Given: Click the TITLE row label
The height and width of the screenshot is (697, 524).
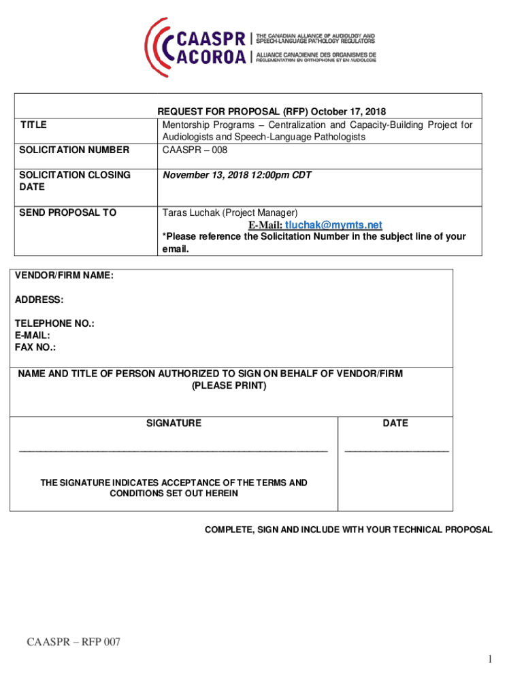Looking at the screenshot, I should pos(33,125).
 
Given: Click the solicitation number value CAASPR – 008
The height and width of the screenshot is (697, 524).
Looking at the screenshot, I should pos(194,150).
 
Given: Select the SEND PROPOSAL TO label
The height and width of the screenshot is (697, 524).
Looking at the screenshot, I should pos(68,212).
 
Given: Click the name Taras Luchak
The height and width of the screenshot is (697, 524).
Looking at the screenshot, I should pos(191,212).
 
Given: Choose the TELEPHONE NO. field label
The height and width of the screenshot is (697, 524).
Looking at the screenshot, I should pos(54,324).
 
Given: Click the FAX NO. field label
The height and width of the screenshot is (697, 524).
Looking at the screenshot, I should pos(35,347).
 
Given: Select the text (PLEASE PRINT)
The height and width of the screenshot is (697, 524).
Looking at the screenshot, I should pos(229,386).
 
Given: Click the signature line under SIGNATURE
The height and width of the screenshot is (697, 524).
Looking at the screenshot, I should pos(174,451).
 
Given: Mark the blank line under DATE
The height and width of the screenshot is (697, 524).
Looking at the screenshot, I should pos(397,451).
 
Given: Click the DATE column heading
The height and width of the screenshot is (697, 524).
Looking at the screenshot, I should pos(395,423).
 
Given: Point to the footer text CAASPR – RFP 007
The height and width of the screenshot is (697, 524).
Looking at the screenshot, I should pos(73,643).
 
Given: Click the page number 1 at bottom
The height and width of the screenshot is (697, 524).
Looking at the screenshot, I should pos(489,659).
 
